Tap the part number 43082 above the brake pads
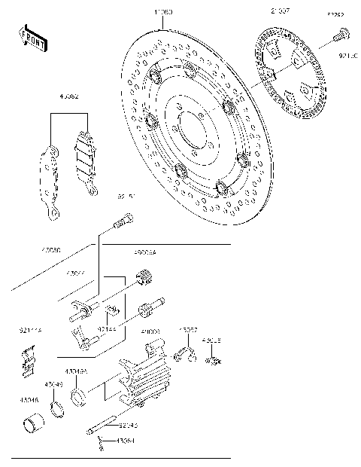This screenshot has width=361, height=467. pyautogui.click(x=69, y=96)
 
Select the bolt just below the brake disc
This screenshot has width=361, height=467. pyautogui.click(x=123, y=221)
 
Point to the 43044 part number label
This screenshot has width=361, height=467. pyautogui.click(x=77, y=273)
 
